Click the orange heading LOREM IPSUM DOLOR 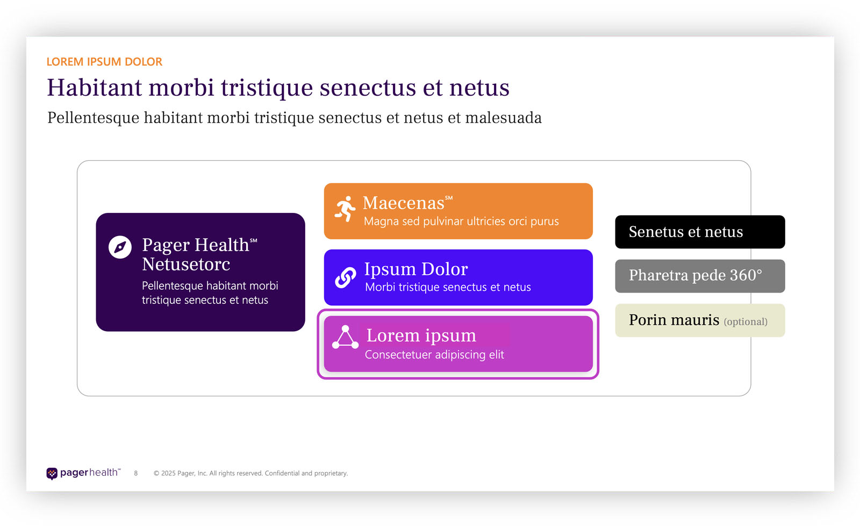[104, 62]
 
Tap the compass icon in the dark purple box [120, 247]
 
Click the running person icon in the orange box [345, 209]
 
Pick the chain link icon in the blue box [345, 277]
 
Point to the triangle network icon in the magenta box [345, 338]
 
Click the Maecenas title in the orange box [404, 203]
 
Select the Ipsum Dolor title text [416, 269]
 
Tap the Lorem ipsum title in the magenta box [421, 336]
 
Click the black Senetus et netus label [686, 232]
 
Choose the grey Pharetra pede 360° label [696, 275]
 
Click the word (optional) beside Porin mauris [746, 322]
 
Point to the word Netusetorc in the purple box [186, 265]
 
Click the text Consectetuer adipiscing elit [434, 355]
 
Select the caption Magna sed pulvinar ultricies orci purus [461, 222]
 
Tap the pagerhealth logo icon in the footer [52, 473]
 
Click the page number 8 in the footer [136, 473]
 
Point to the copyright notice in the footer [250, 473]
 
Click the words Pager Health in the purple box [196, 245]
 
